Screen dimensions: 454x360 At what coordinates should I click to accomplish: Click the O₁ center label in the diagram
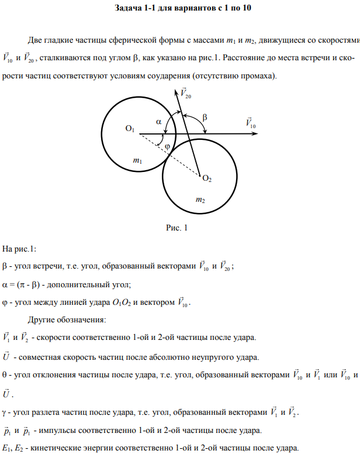[130, 129]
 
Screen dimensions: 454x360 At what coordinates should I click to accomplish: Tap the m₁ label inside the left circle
[137, 160]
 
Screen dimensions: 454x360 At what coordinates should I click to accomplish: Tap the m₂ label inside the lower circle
[200, 200]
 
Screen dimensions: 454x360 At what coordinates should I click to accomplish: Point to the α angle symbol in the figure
[158, 122]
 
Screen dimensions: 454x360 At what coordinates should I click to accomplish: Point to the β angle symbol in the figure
[204, 117]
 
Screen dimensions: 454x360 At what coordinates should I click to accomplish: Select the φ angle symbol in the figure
[167, 146]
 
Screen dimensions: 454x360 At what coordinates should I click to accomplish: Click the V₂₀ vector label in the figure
[185, 94]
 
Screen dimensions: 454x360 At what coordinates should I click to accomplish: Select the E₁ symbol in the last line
[6, 449]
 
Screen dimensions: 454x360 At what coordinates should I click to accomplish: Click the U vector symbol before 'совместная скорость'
[6, 356]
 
